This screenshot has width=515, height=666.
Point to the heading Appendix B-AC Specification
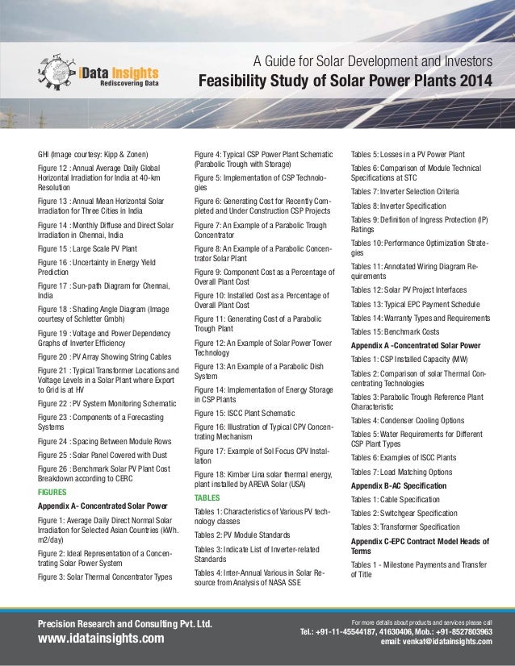point(398,486)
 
